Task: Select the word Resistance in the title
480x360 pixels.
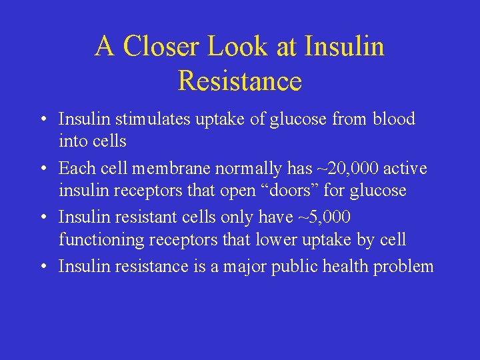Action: (x=240, y=81)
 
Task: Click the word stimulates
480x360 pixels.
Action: (x=151, y=119)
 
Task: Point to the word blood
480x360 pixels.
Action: (x=393, y=119)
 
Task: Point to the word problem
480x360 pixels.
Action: (x=403, y=267)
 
